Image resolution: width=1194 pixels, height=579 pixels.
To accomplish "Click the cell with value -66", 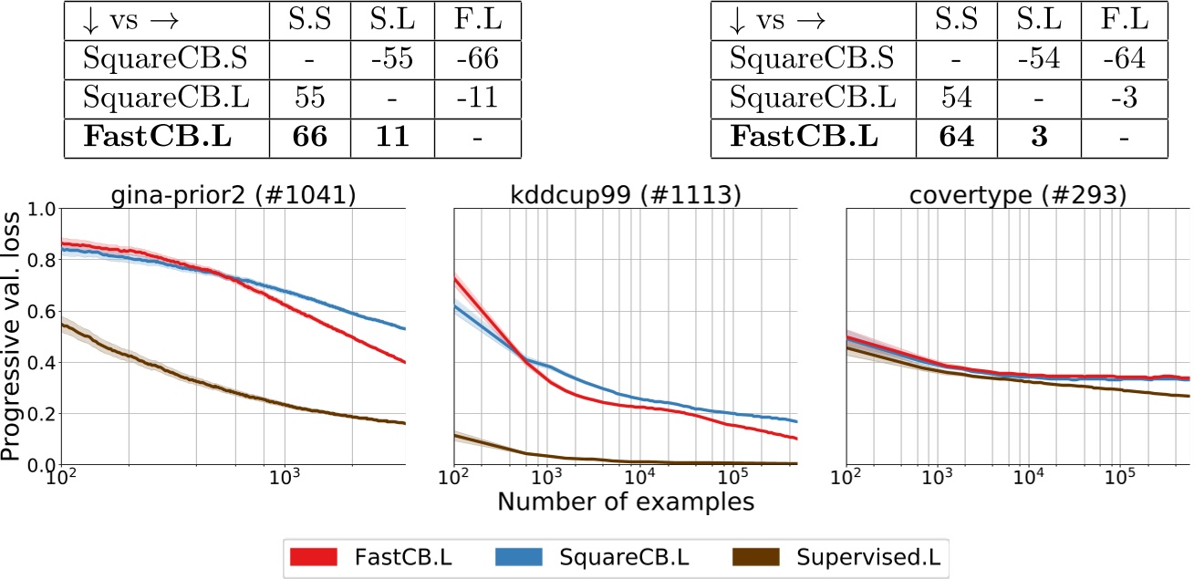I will (x=479, y=58).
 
